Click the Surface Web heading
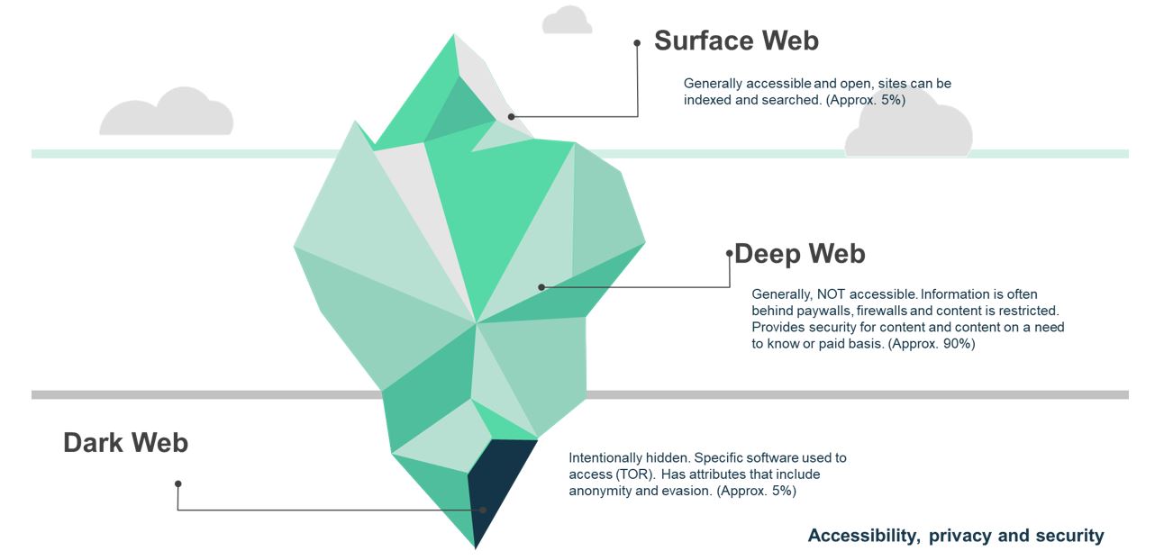tap(736, 41)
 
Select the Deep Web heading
tap(800, 254)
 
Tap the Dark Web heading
tap(125, 442)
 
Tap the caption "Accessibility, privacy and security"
tap(955, 536)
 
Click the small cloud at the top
tap(568, 21)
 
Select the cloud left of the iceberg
tap(167, 113)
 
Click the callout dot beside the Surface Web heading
tap(637, 42)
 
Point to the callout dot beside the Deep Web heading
tap(730, 254)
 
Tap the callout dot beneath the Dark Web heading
tap(178, 483)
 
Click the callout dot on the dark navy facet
tap(483, 510)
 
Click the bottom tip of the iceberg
tap(475, 546)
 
